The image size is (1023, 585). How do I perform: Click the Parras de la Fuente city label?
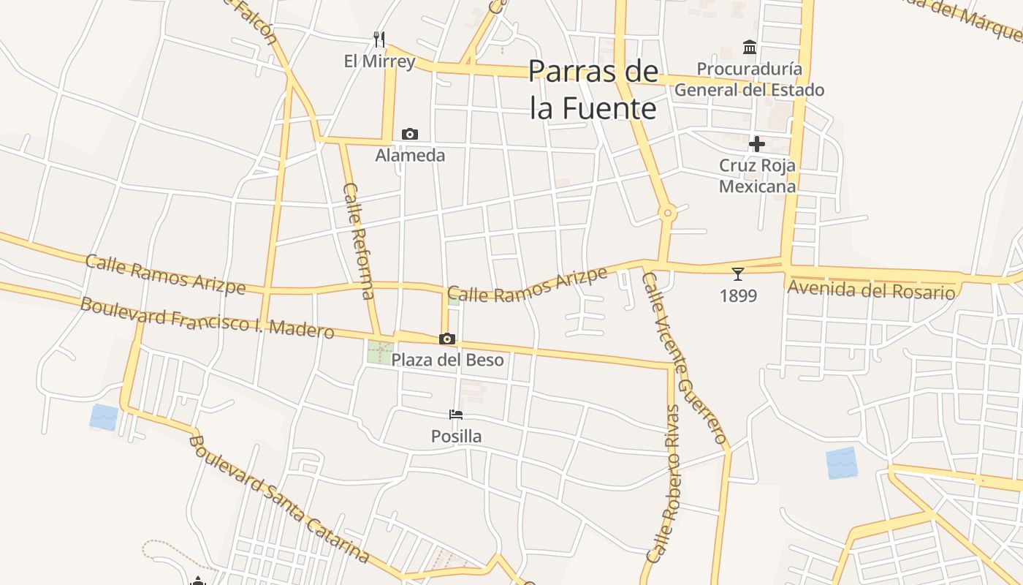pyautogui.click(x=593, y=90)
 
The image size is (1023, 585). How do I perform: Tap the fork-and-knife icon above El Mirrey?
pyautogui.click(x=379, y=39)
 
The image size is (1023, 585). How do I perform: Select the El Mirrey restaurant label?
pyautogui.click(x=379, y=61)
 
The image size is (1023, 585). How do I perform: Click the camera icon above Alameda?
pyautogui.click(x=410, y=134)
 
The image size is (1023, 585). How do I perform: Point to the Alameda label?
pyautogui.click(x=410, y=155)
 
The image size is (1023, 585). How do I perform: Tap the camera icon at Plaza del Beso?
pyautogui.click(x=447, y=339)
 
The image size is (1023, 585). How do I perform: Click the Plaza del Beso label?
pyautogui.click(x=447, y=360)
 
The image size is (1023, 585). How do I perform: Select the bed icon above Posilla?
pyautogui.click(x=456, y=415)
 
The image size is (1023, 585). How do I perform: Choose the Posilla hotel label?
pyautogui.click(x=456, y=437)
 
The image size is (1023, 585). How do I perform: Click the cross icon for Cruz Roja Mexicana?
pyautogui.click(x=757, y=144)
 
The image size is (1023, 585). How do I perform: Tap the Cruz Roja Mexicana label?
pyautogui.click(x=757, y=175)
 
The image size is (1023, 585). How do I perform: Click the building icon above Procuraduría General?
pyautogui.click(x=749, y=48)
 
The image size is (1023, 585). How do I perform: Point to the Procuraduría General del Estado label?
pyautogui.click(x=749, y=80)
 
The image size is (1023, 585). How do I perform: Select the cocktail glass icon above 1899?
pyautogui.click(x=738, y=274)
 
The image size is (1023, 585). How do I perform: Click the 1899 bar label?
pyautogui.click(x=738, y=296)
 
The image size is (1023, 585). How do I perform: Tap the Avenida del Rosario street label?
pyautogui.click(x=871, y=290)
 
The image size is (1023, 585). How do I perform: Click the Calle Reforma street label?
pyautogui.click(x=358, y=241)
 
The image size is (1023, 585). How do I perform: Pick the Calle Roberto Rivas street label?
pyautogui.click(x=663, y=483)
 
